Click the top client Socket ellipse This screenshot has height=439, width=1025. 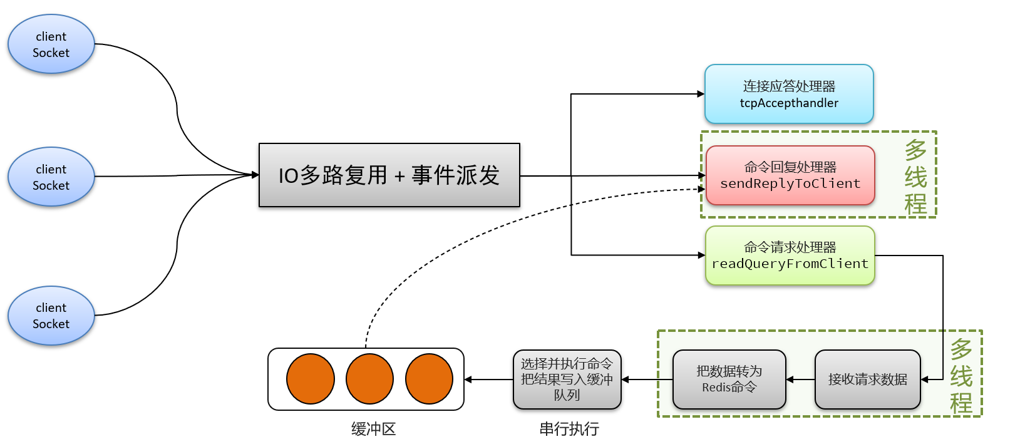pyautogui.click(x=51, y=44)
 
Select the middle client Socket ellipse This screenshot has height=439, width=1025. pyautogui.click(x=51, y=177)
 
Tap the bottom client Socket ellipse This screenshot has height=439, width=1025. pyautogui.click(x=51, y=316)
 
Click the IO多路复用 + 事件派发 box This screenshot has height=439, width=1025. pyautogui.click(x=389, y=175)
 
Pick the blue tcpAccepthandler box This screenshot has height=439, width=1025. pyautogui.click(x=789, y=94)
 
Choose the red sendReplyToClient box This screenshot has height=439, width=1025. pyautogui.click(x=790, y=175)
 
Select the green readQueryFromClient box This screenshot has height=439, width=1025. pyautogui.click(x=790, y=256)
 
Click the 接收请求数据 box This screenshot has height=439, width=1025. pyautogui.click(x=867, y=380)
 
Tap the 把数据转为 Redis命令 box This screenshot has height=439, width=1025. pyautogui.click(x=729, y=380)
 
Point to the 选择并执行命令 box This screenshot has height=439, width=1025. pyautogui.click(x=567, y=380)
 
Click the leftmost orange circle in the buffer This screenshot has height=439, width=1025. pyautogui.click(x=311, y=379)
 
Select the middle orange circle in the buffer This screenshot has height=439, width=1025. pyautogui.click(x=369, y=379)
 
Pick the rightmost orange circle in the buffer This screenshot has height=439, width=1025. pyautogui.click(x=429, y=379)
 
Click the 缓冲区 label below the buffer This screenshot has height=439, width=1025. pyautogui.click(x=374, y=429)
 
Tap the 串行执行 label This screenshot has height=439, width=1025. pyautogui.click(x=569, y=429)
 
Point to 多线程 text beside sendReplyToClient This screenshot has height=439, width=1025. pyautogui.click(x=915, y=177)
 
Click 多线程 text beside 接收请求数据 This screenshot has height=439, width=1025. pyautogui.click(x=961, y=376)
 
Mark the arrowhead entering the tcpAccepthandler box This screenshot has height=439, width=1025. pyautogui.click(x=701, y=94)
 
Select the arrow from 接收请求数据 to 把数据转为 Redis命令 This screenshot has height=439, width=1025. pyautogui.click(x=800, y=380)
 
